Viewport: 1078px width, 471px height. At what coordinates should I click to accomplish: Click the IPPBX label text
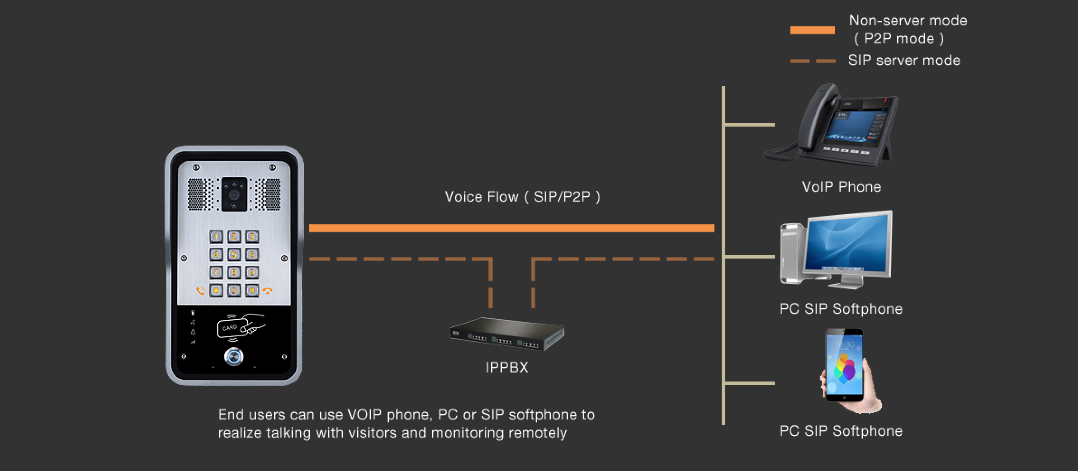point(506,367)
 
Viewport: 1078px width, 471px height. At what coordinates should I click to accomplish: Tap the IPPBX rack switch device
point(507,334)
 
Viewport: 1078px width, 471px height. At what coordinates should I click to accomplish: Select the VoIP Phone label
point(841,187)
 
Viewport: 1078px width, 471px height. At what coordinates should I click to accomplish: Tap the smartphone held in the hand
point(844,364)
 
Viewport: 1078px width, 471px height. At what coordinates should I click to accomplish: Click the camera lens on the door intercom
point(234,195)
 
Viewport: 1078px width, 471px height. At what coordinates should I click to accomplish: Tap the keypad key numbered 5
point(234,254)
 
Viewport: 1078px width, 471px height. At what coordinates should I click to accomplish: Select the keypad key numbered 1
point(216,236)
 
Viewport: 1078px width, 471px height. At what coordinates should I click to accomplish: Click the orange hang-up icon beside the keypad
point(269,291)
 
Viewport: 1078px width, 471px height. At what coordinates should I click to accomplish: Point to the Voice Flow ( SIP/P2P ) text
point(522,197)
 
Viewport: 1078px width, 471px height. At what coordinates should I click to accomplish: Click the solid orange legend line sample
point(812,30)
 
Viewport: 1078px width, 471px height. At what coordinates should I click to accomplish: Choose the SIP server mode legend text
point(904,60)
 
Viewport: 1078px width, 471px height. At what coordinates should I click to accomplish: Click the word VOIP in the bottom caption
point(365,414)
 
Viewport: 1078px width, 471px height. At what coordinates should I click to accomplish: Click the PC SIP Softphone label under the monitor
point(841,309)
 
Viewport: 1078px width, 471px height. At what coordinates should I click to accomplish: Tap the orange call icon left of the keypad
point(200,291)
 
